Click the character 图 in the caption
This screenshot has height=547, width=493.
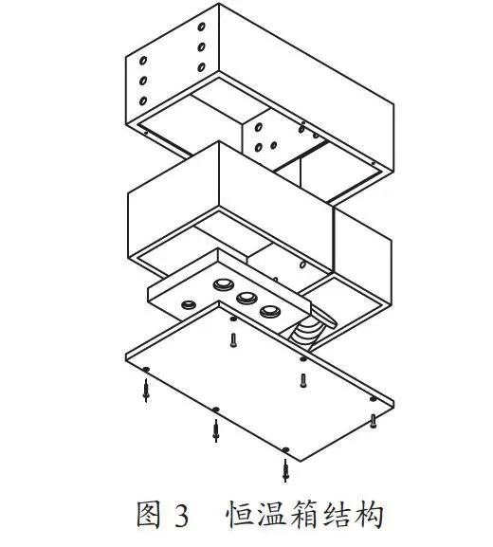[148, 514]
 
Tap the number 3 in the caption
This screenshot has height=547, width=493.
[181, 515]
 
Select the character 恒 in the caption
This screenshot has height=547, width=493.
[239, 514]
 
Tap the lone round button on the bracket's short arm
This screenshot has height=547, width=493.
[189, 304]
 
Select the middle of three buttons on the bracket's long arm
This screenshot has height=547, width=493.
[246, 298]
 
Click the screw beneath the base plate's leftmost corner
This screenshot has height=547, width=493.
[146, 391]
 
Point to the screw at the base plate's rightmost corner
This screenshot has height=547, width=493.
[373, 421]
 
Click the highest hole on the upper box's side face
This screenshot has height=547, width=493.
[201, 27]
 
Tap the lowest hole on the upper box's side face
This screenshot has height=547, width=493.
[143, 100]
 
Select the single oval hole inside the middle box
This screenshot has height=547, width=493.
[302, 264]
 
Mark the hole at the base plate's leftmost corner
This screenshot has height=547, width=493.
[146, 370]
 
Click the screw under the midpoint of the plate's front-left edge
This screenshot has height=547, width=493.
[216, 430]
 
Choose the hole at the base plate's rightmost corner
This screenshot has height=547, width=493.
[373, 399]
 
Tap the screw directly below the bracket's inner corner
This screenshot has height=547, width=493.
[233, 340]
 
